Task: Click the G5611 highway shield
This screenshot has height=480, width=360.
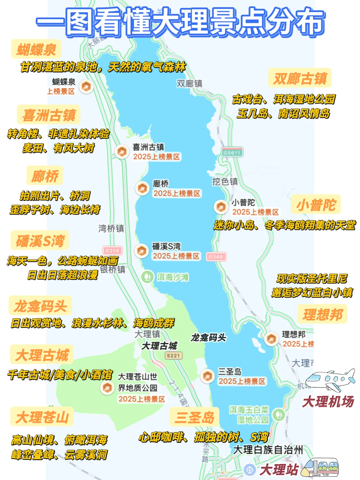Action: coord(232,153)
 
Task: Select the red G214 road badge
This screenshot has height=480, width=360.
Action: coord(112,251)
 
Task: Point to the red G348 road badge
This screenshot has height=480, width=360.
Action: coord(216,257)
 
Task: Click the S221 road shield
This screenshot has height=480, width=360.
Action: coord(173,356)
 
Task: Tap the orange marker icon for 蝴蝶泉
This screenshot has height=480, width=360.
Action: coord(86,87)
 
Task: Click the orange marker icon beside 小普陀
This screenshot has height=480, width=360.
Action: coord(221,207)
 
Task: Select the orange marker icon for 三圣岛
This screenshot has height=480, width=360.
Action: coord(207,376)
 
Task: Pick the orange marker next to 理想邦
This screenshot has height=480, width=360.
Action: coord(271,339)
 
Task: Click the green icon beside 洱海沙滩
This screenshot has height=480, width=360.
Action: coord(147,277)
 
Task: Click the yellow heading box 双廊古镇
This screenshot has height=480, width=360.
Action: coord(300,78)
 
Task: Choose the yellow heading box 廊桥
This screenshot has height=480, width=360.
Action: coord(45,176)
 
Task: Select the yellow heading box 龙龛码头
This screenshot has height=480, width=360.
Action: coord(40,305)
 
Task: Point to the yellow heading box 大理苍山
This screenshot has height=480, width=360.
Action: coord(42,417)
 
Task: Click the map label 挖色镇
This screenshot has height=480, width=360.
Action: coord(225,181)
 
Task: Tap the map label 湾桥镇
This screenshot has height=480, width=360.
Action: coord(111,228)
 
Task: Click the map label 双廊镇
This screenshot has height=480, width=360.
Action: coord(189,83)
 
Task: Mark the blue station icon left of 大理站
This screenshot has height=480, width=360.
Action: coord(249,469)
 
